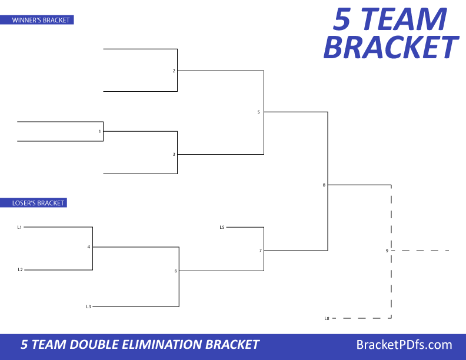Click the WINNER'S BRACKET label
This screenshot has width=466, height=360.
click(41, 20)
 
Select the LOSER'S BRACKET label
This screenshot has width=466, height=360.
click(38, 203)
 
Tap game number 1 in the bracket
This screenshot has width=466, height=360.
click(100, 131)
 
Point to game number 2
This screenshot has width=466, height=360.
click(174, 71)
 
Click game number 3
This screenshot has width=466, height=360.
click(174, 154)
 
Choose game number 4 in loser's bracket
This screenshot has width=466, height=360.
click(89, 246)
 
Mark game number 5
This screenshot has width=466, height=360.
click(258, 112)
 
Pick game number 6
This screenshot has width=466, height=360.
click(175, 271)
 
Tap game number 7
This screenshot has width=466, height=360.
click(260, 250)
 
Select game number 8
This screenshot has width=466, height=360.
click(324, 185)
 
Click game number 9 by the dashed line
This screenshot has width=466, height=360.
click(387, 251)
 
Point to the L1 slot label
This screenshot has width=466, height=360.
click(19, 226)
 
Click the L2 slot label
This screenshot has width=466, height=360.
click(19, 269)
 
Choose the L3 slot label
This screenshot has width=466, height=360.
click(88, 306)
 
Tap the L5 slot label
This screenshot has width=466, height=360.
click(222, 226)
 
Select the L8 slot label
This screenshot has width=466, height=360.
click(327, 318)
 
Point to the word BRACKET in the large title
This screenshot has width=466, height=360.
click(390, 47)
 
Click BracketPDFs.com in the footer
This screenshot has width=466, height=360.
click(404, 345)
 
